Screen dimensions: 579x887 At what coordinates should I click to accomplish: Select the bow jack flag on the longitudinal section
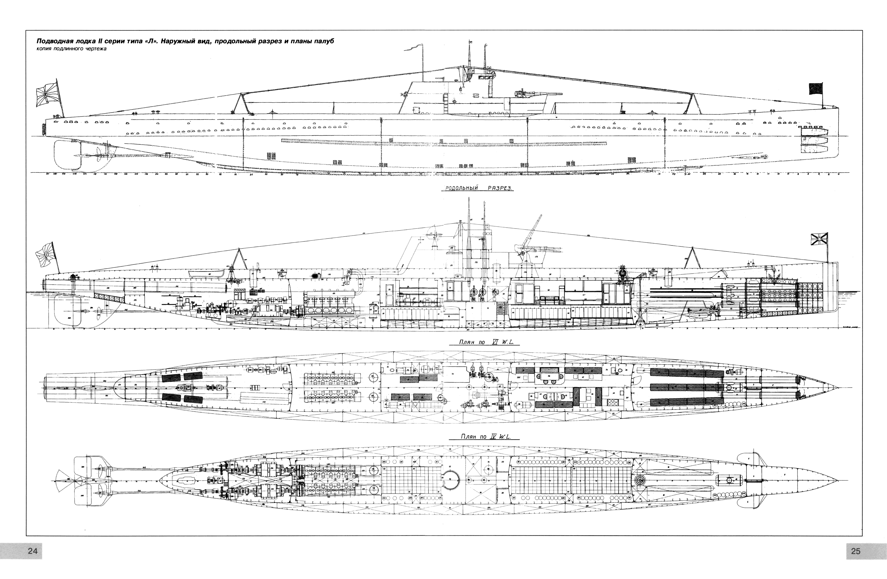tap(818, 238)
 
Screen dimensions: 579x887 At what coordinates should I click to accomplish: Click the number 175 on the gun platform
tap(536, 257)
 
